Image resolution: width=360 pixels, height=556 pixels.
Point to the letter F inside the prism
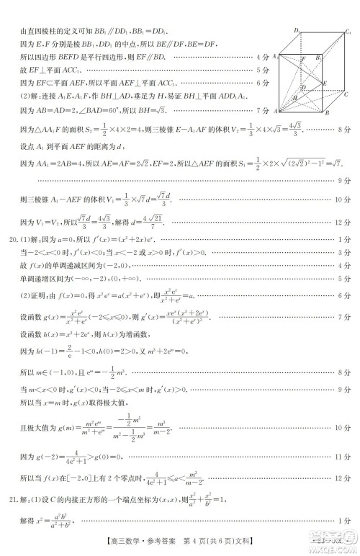(304, 58)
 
